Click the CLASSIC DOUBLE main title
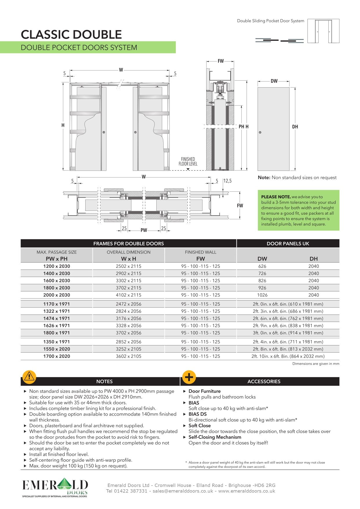(71, 35)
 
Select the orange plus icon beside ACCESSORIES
(189, 377)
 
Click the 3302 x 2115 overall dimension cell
(129, 280)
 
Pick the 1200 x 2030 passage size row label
(57, 266)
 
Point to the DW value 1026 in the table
(262, 295)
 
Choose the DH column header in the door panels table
(313, 259)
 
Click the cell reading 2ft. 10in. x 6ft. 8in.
(288, 356)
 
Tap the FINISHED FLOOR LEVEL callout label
(188, 162)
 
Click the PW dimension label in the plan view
(144, 230)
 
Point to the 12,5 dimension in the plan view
(227, 181)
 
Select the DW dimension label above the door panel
(274, 81)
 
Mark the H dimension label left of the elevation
(63, 125)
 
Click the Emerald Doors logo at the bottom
(55, 488)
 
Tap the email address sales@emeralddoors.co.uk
(183, 491)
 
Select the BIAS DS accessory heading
(198, 414)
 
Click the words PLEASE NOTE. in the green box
(276, 197)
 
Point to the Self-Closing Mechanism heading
(215, 437)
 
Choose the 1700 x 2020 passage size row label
(57, 356)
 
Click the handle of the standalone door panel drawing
(260, 132)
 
